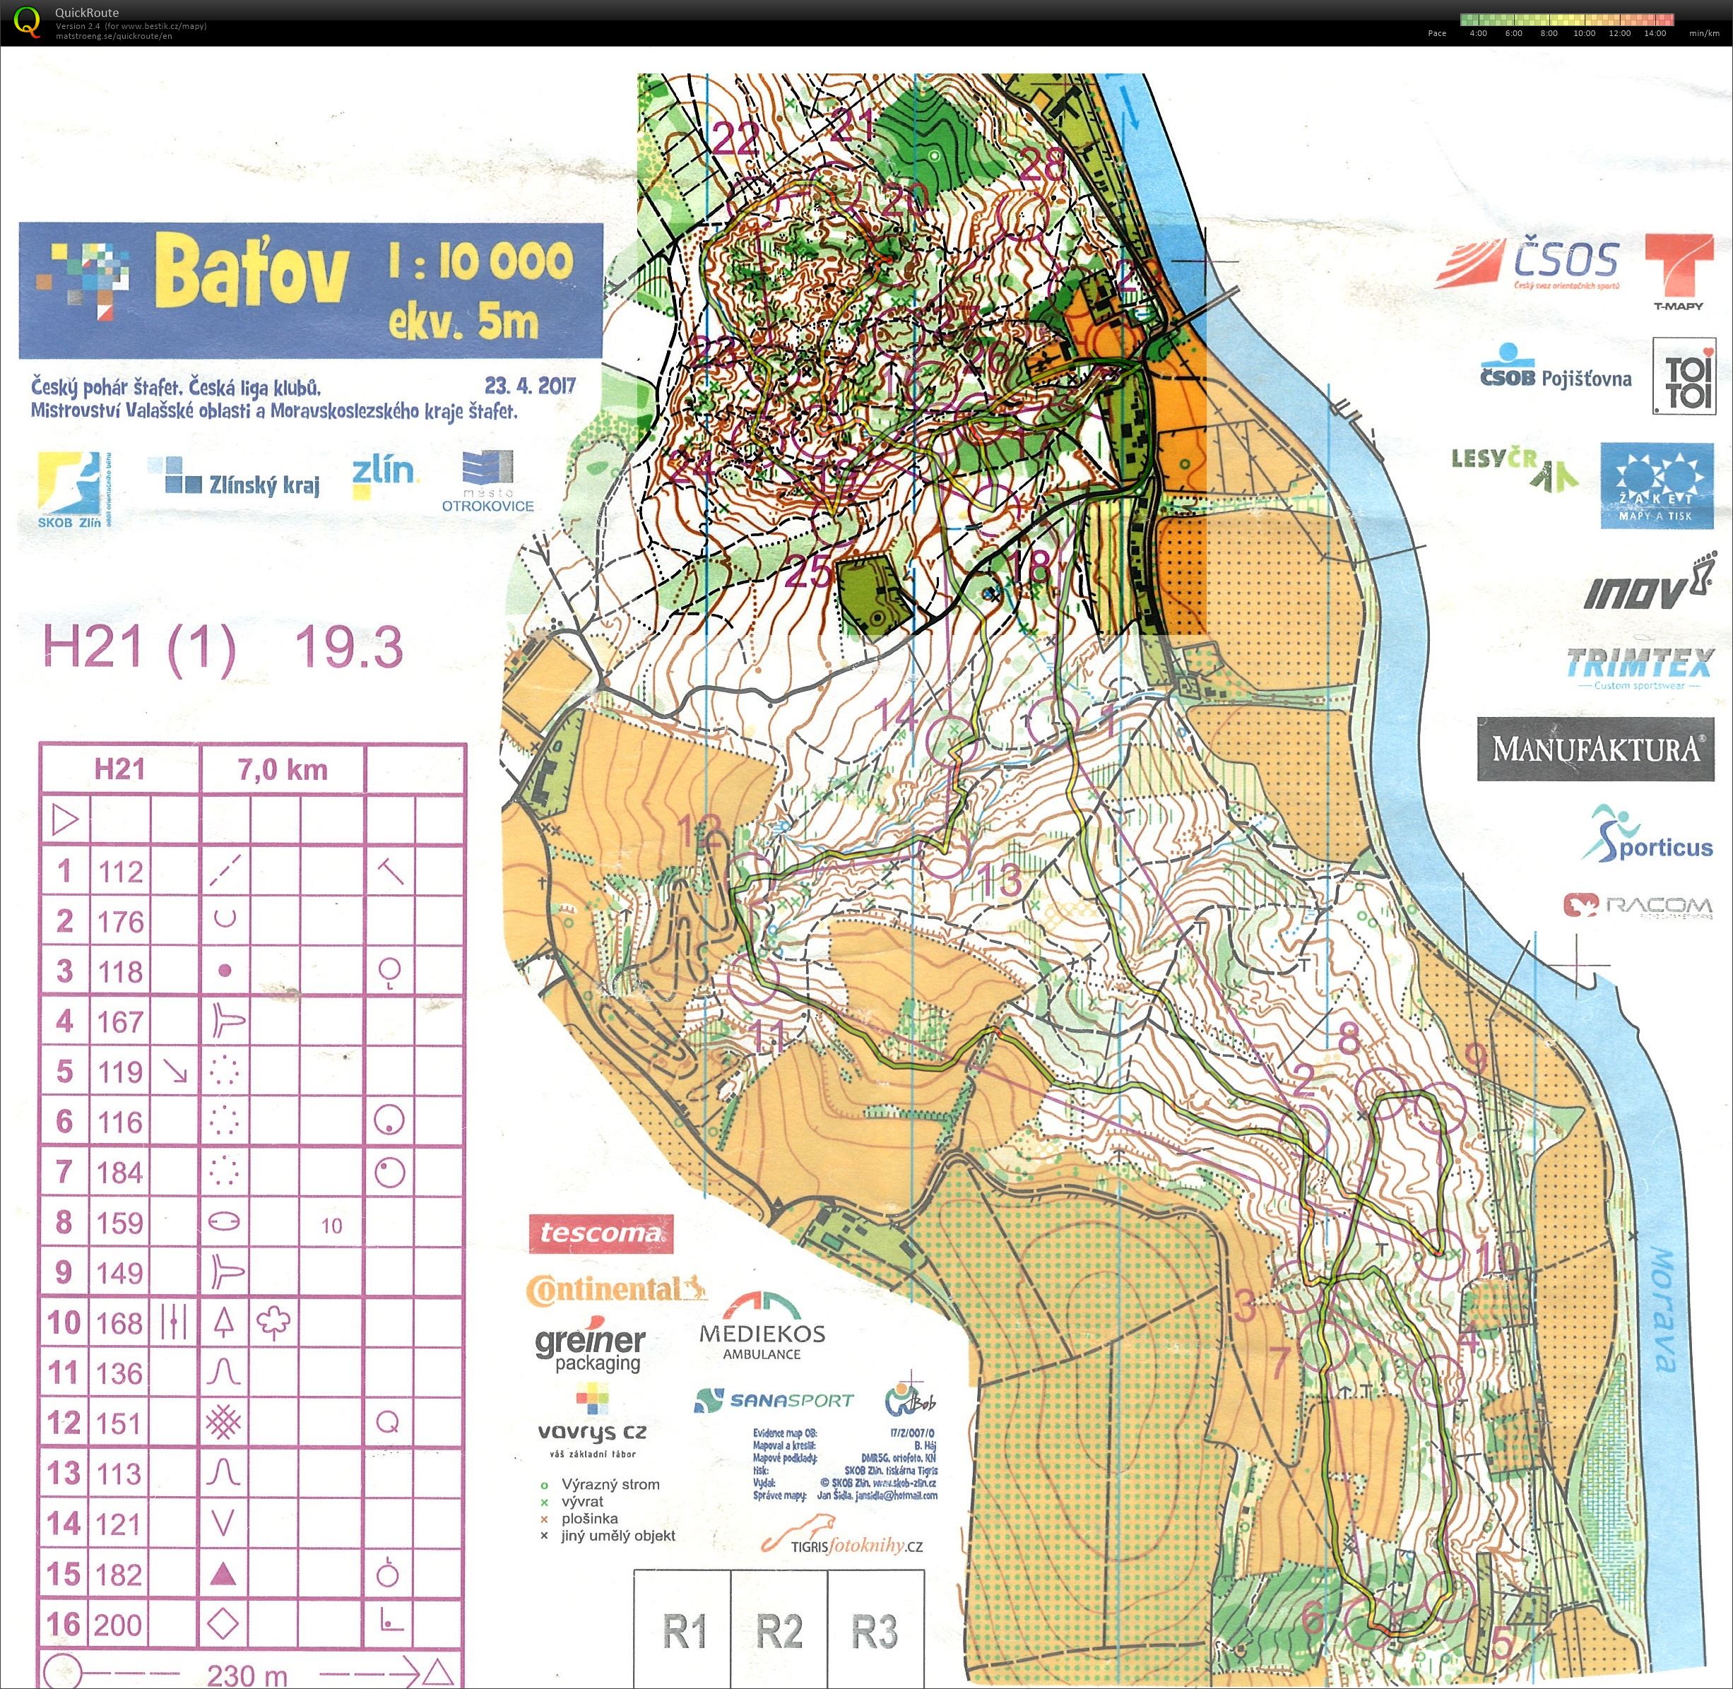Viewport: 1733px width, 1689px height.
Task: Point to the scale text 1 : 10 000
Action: [480, 261]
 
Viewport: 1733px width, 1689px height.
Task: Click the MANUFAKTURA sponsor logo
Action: [1595, 749]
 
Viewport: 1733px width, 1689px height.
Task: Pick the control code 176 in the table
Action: [121, 922]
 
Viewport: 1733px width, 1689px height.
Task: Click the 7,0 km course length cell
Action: [282, 769]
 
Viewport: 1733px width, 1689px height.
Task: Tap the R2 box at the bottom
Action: [779, 1630]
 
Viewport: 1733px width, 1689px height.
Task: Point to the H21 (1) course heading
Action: [140, 648]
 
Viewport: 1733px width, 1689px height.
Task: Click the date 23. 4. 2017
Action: [530, 386]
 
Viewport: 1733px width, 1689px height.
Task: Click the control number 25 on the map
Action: [808, 573]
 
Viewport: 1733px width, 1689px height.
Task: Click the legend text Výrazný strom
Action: [610, 1485]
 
